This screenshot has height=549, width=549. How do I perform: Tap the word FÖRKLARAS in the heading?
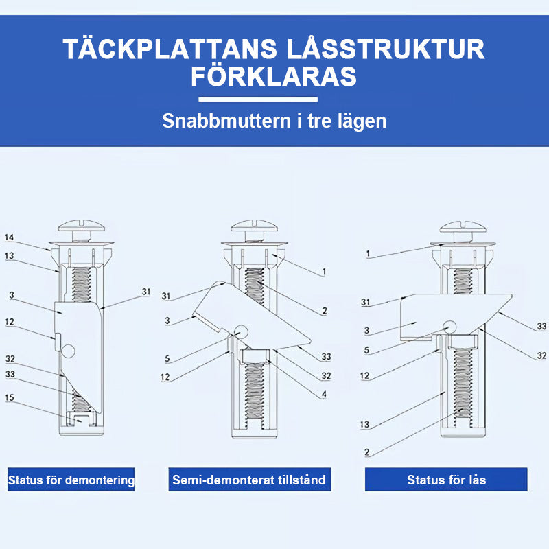pos(274,76)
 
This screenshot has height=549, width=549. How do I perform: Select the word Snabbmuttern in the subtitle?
pos(226,121)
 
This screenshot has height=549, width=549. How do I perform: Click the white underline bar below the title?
pos(258,100)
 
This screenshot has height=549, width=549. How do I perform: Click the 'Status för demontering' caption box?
pos(71,479)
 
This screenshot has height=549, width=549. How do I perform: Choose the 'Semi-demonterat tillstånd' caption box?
pos(250,479)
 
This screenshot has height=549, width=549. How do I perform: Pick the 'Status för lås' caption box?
pos(446,479)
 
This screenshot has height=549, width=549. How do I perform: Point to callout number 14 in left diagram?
pos(10,237)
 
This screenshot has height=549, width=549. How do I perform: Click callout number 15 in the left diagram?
pos(10,397)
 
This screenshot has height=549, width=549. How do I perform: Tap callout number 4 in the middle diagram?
pos(324,395)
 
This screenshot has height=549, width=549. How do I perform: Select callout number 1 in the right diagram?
pos(368,254)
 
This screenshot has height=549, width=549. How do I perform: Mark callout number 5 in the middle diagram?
pos(167,358)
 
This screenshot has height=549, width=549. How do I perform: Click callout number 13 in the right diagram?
pos(365,424)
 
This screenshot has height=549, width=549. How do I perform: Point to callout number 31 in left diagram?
pos(146,292)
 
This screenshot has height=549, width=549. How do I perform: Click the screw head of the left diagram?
pos(82,226)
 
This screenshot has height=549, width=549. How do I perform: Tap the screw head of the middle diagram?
pos(255,226)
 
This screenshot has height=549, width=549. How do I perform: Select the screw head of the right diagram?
pos(463,227)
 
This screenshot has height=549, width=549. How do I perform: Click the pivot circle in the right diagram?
pos(450,327)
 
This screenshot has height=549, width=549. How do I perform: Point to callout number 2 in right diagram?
pos(366,452)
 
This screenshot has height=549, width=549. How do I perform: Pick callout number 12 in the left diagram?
pos(10,322)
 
